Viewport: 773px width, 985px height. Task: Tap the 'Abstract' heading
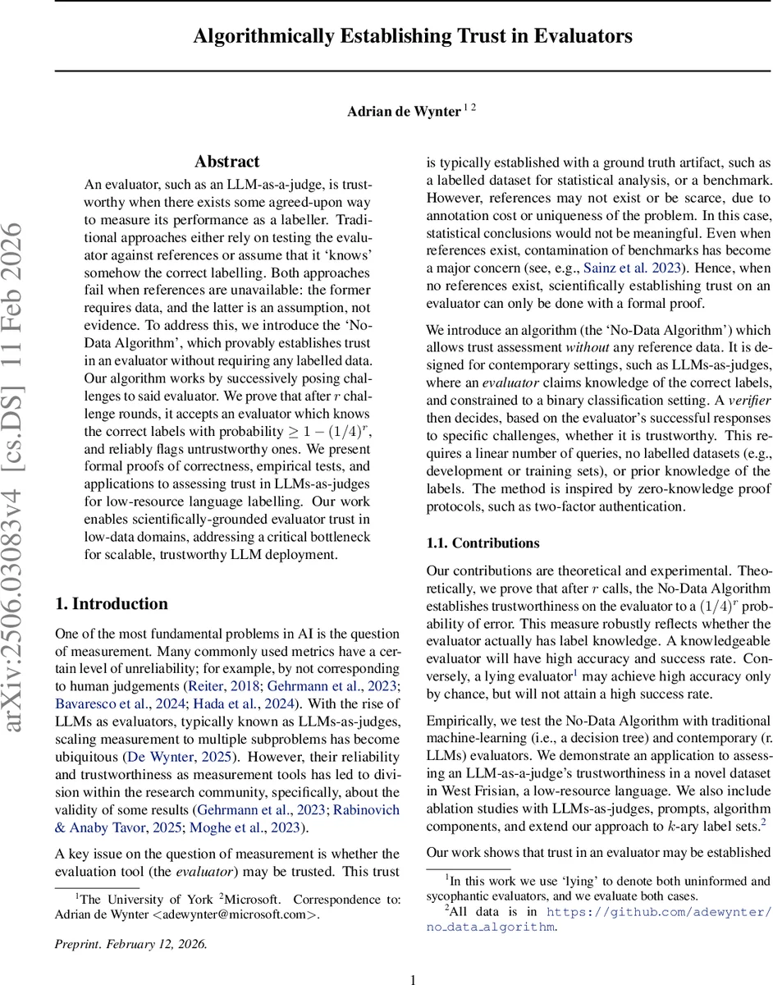[x=227, y=162]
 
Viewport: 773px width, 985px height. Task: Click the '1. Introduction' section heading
[x=112, y=604]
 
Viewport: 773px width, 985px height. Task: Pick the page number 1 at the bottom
[x=414, y=979]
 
